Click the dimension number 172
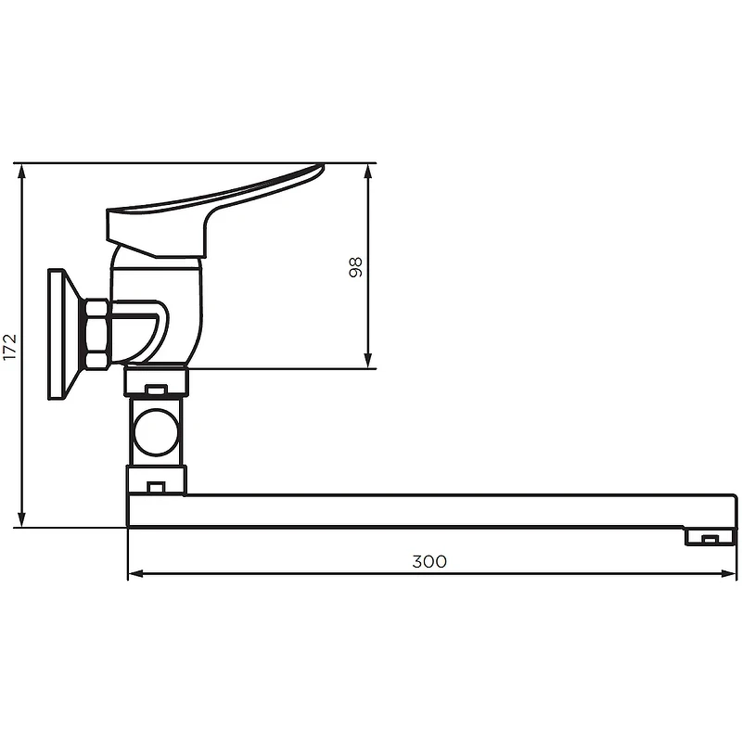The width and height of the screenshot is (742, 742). pos(10,346)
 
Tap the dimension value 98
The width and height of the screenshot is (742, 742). pos(355,267)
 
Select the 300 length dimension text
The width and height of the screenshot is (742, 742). pos(429,561)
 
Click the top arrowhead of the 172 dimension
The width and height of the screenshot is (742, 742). pos(21,172)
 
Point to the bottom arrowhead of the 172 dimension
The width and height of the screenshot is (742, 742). pos(21,519)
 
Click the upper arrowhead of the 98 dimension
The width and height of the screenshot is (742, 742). pos(368,172)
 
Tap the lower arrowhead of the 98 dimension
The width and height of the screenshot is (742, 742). pos(368,360)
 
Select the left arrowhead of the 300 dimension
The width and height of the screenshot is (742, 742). pos(135,573)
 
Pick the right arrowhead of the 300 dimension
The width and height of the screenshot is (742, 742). pos(729,573)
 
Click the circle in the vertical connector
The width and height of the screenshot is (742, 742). pos(156,432)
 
